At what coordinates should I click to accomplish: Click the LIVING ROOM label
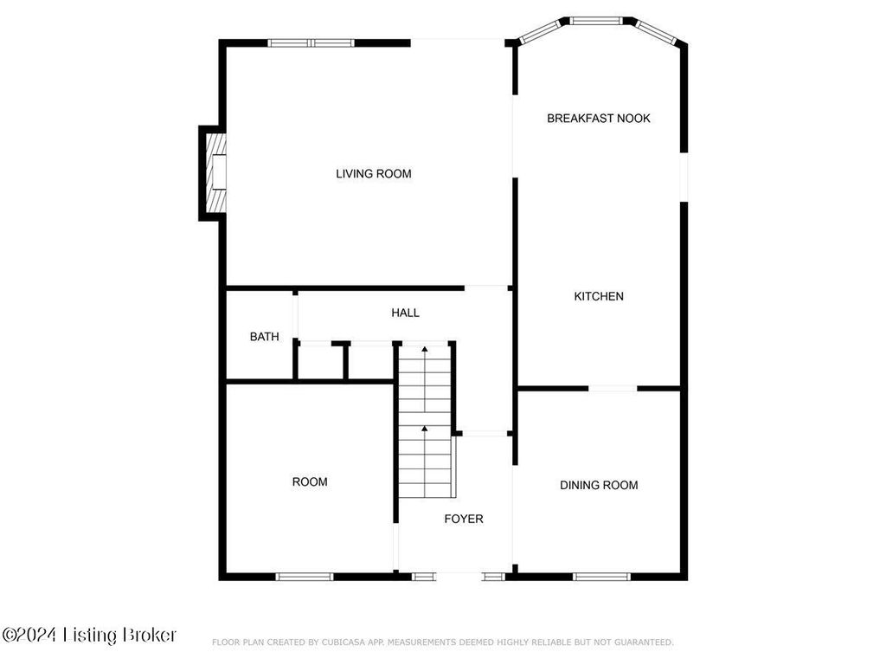[x=374, y=173]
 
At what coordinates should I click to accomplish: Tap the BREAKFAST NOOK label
[x=599, y=118]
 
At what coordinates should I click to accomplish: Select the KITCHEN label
[x=599, y=296]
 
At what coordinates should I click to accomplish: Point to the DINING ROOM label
[x=599, y=485]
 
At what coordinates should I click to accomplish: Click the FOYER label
[x=464, y=520]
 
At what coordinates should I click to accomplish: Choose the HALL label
[x=405, y=313]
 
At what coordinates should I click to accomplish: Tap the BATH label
[x=265, y=337]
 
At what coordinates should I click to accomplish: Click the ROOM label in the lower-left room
[x=310, y=481]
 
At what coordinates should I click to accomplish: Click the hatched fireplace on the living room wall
[x=215, y=171]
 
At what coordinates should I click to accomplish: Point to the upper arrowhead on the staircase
[x=424, y=350]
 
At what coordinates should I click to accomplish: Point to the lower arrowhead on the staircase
[x=424, y=429]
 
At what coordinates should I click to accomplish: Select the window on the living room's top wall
[x=311, y=43]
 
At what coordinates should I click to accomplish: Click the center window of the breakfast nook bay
[x=596, y=21]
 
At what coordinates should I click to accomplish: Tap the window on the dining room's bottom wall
[x=601, y=577]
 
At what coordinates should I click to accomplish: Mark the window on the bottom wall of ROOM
[x=305, y=577]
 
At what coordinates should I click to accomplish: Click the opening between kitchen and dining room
[x=613, y=389]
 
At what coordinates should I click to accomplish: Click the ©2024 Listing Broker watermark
[x=89, y=635]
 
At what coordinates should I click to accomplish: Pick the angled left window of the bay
[x=540, y=32]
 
